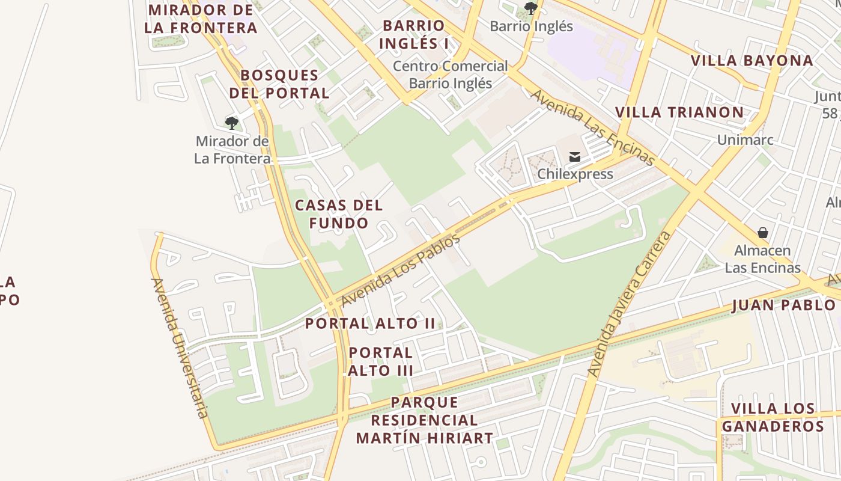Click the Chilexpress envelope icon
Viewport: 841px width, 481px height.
pyautogui.click(x=575, y=158)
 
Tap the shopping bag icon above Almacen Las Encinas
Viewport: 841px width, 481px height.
pyautogui.click(x=762, y=233)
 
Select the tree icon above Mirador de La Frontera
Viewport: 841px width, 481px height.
pyautogui.click(x=232, y=123)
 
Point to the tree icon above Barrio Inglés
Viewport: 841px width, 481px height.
pyautogui.click(x=530, y=8)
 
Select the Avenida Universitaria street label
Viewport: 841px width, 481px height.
pyautogui.click(x=180, y=348)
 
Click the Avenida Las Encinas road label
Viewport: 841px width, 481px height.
pyautogui.click(x=592, y=127)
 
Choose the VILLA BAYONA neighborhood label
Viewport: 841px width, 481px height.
pyautogui.click(x=751, y=61)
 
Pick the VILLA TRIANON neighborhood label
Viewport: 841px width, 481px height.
pyautogui.click(x=679, y=112)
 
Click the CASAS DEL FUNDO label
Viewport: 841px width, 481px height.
pyautogui.click(x=339, y=214)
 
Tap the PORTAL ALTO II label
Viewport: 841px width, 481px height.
pyautogui.click(x=370, y=323)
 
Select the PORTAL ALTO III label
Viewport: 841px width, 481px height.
pyautogui.click(x=381, y=361)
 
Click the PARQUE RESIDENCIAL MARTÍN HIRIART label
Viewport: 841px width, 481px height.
pyautogui.click(x=424, y=420)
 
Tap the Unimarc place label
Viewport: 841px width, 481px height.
pyautogui.click(x=745, y=140)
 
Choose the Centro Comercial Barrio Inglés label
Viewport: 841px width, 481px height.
pyautogui.click(x=450, y=75)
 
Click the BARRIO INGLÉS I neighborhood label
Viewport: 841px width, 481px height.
pyautogui.click(x=414, y=34)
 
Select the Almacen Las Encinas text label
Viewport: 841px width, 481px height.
pyautogui.click(x=762, y=259)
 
